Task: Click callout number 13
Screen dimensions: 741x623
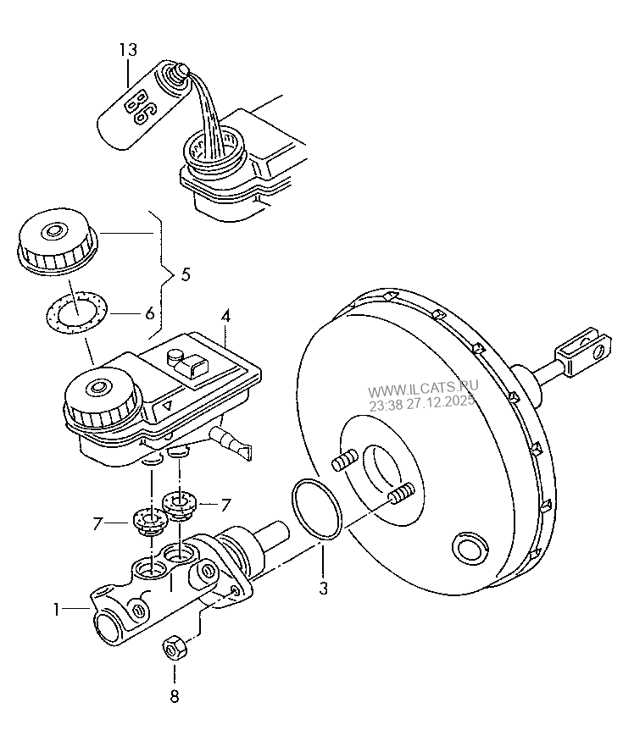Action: coord(127,51)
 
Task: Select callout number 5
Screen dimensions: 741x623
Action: coord(186,274)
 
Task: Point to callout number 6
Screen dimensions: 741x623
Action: coord(149,312)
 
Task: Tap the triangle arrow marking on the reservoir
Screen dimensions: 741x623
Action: coord(169,406)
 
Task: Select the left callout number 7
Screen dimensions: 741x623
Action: coord(98,525)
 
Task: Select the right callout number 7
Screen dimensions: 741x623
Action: coord(225,504)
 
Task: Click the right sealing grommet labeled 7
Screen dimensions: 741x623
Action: coord(179,502)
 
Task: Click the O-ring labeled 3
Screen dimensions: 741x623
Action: coord(316,509)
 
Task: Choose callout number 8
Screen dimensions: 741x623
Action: coord(174,698)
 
